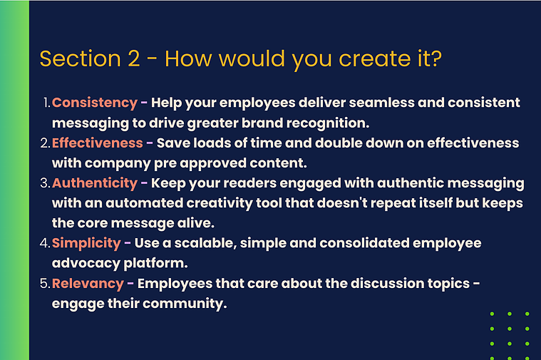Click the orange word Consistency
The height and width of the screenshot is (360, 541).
(95, 103)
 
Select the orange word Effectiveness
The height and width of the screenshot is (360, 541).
(98, 143)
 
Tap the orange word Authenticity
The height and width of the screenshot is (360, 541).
(95, 183)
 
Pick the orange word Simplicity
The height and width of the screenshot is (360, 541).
(86, 243)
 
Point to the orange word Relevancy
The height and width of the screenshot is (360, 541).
(88, 284)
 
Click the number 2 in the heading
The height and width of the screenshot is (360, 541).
(134, 58)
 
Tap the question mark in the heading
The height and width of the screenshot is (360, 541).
(436, 58)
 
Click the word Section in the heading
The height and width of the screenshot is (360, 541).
(80, 58)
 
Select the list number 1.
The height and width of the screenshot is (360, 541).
(47, 103)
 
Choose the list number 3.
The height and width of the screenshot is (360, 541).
(45, 183)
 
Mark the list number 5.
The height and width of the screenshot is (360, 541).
(45, 284)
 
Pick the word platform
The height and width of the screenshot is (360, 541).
(155, 263)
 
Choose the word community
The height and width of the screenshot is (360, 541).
(185, 304)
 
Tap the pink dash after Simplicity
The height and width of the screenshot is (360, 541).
(128, 243)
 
